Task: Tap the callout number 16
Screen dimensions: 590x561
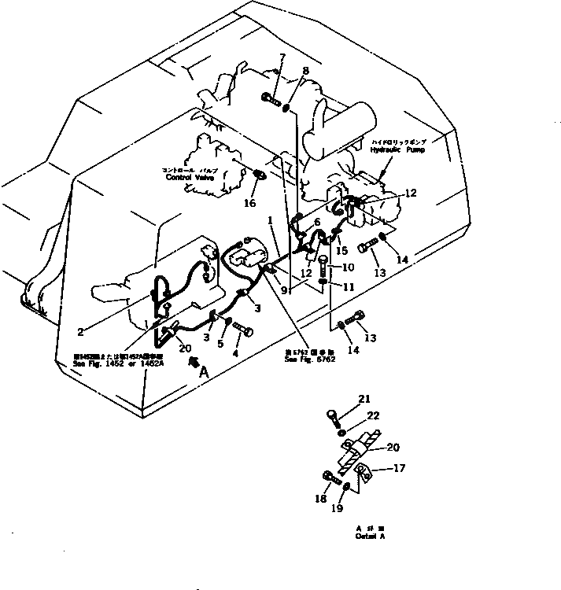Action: tap(249, 204)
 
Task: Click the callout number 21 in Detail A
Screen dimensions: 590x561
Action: tap(364, 400)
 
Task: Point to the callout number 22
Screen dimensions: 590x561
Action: tap(374, 415)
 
